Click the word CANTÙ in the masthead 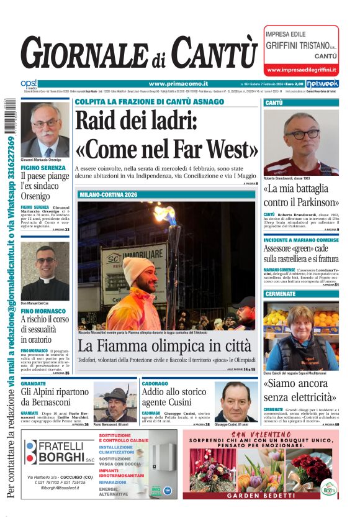(x=214, y=53)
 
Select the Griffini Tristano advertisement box (x=302, y=50)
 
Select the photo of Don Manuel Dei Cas (x=45, y=271)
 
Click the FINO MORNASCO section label (x=43, y=311)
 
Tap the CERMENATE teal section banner (x=301, y=294)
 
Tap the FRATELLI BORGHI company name (x=61, y=452)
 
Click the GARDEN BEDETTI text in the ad (x=260, y=496)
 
